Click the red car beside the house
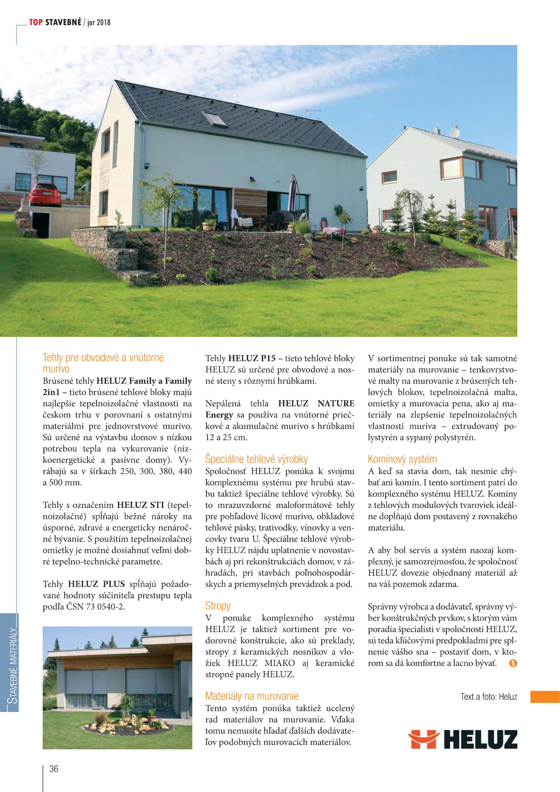pyautogui.click(x=44, y=195)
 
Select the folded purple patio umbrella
pyautogui.click(x=293, y=194)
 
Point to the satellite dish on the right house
pyautogui.click(x=455, y=132)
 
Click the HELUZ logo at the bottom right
pyautogui.click(x=462, y=739)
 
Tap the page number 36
pyautogui.click(x=54, y=769)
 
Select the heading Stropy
pyautogui.click(x=218, y=606)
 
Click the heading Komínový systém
pyautogui.click(x=402, y=459)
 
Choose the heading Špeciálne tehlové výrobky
pyautogui.click(x=256, y=459)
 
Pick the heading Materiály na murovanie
pyautogui.click(x=252, y=696)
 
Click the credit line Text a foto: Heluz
pyautogui.click(x=488, y=697)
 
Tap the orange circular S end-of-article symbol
pyautogui.click(x=513, y=663)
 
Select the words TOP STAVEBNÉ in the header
pyautogui.click(x=55, y=22)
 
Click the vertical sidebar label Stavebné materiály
pyautogui.click(x=13, y=665)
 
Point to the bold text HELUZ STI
pyautogui.click(x=141, y=505)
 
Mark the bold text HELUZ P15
pyautogui.click(x=252, y=358)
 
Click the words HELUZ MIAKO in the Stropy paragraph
pyautogui.click(x=261, y=663)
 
